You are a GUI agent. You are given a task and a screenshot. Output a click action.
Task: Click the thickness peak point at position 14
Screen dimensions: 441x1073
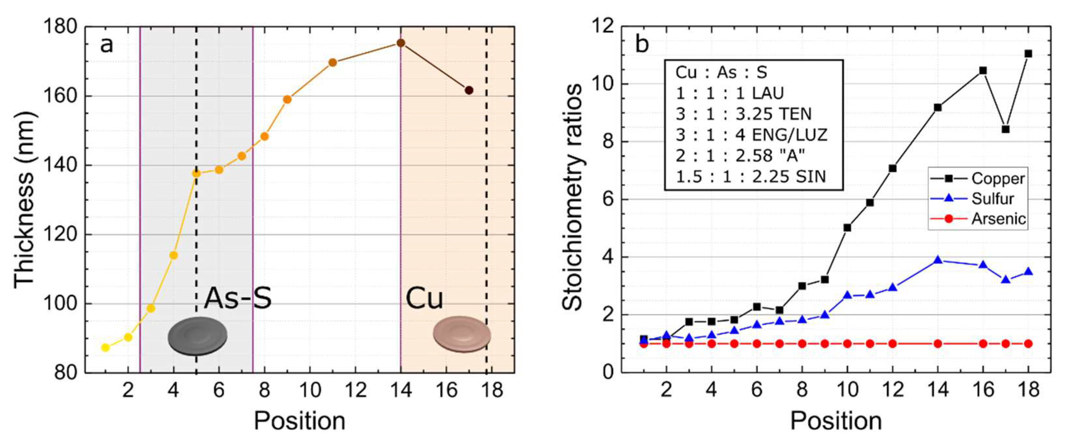401,43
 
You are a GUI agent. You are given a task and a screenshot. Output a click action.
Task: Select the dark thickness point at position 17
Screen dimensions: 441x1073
469,90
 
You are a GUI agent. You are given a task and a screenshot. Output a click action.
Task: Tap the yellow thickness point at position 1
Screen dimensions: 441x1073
105,347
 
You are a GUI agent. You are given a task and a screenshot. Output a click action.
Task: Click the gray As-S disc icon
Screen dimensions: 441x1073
197,336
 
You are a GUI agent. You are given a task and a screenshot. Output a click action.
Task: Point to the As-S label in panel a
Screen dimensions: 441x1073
237,298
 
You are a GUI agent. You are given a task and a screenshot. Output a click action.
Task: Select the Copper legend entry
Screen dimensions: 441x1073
997,179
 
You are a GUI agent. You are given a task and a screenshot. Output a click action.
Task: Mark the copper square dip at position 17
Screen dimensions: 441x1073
1005,129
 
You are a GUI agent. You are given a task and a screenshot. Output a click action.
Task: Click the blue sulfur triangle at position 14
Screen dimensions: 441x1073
938,260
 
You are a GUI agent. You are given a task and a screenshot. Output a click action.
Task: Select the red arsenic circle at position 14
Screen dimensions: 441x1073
938,344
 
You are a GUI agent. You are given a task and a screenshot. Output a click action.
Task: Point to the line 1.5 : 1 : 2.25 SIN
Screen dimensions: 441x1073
750,177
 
